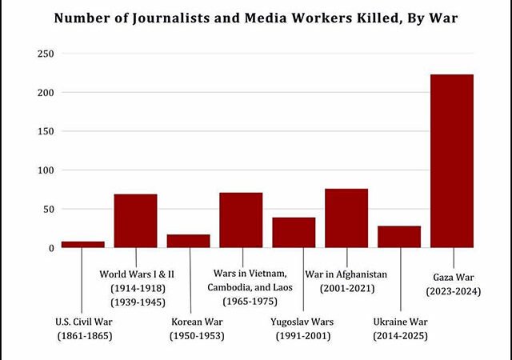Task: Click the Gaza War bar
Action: click(x=452, y=161)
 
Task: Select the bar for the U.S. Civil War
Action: click(x=83, y=244)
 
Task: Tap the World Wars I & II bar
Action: click(x=135, y=221)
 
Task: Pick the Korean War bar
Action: click(x=189, y=241)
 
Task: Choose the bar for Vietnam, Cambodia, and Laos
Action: click(x=241, y=220)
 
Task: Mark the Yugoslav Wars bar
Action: click(x=294, y=233)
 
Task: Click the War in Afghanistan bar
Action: click(x=346, y=218)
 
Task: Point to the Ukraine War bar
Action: click(x=399, y=237)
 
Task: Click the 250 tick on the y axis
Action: click(x=46, y=54)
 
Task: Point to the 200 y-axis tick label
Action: click(x=46, y=93)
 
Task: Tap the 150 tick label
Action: click(x=46, y=132)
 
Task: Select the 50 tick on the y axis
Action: click(x=48, y=210)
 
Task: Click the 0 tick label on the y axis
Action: click(x=51, y=248)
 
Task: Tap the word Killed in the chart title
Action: click(x=378, y=18)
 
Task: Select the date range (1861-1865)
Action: click(x=85, y=336)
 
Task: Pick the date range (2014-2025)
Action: click(x=400, y=336)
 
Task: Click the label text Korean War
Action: click(x=197, y=322)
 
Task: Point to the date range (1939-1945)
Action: click(x=138, y=302)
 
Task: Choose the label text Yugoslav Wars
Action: click(x=302, y=322)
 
